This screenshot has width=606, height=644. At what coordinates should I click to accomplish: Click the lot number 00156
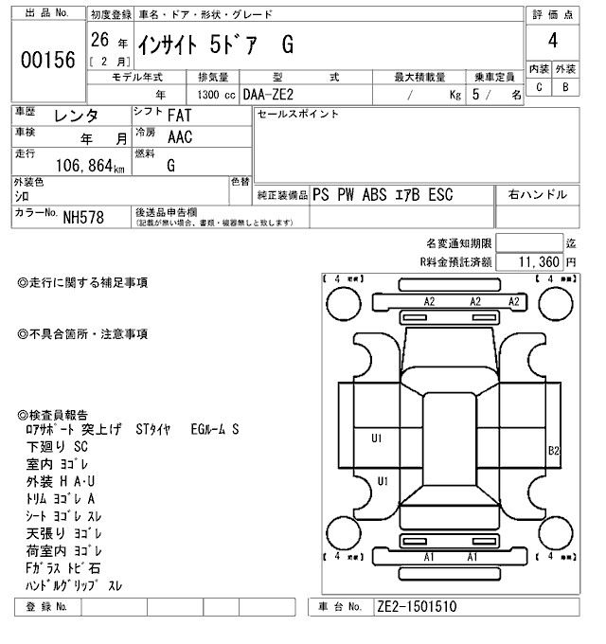[x=47, y=60]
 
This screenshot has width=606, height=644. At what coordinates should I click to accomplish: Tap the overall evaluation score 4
[x=552, y=41]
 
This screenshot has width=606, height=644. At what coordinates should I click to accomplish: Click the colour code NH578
[x=84, y=217]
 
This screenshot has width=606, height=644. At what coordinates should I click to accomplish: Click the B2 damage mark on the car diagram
[x=555, y=450]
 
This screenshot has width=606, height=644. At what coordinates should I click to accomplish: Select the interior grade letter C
[x=539, y=88]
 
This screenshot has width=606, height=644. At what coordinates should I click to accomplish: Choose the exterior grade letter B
[x=565, y=88]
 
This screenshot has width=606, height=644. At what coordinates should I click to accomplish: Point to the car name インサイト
[x=167, y=44]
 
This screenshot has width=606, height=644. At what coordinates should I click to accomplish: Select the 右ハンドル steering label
[x=538, y=194]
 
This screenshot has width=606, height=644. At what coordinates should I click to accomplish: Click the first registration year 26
[x=98, y=41]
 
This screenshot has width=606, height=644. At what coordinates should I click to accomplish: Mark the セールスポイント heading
[x=298, y=114]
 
